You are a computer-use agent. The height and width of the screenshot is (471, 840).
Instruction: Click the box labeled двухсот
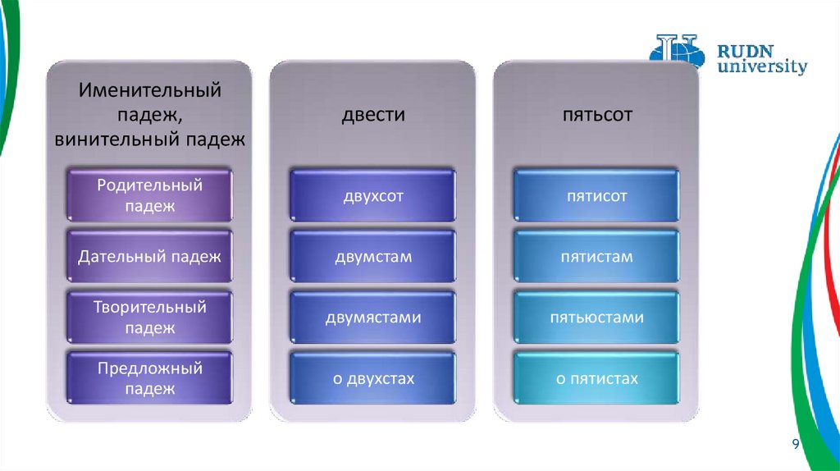coord(372,196)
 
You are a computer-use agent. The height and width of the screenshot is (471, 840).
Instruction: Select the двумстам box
coord(372,257)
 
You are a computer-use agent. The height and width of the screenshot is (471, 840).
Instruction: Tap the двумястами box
coord(372,318)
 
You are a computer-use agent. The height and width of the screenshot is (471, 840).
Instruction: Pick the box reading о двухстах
coord(372,378)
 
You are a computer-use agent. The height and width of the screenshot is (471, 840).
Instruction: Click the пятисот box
coord(596,196)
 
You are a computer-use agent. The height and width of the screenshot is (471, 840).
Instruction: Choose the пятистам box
coord(596,257)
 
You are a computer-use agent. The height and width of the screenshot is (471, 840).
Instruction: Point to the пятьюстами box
coord(596,318)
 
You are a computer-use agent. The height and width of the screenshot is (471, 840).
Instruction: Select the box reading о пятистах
coord(596,378)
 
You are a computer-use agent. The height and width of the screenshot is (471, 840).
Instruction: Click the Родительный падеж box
coord(149,196)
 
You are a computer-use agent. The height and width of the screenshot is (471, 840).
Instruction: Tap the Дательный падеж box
coord(149,257)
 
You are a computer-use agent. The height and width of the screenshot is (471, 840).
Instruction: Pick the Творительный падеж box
coord(149,318)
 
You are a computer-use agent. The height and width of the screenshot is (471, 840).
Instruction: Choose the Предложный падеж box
coord(149,378)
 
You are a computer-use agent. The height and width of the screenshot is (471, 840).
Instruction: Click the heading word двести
coord(372,115)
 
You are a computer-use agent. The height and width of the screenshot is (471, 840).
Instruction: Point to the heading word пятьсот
coord(596,115)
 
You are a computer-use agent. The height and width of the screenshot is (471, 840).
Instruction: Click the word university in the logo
coord(762,66)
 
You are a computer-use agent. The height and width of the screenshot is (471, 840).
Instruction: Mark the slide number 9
coord(795,444)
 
